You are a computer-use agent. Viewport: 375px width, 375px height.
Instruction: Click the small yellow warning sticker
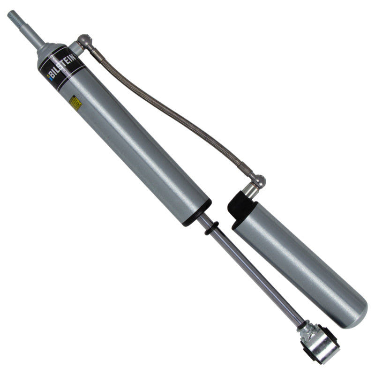coord(75,104)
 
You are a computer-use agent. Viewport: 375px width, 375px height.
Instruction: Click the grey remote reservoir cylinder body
coord(300,262)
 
